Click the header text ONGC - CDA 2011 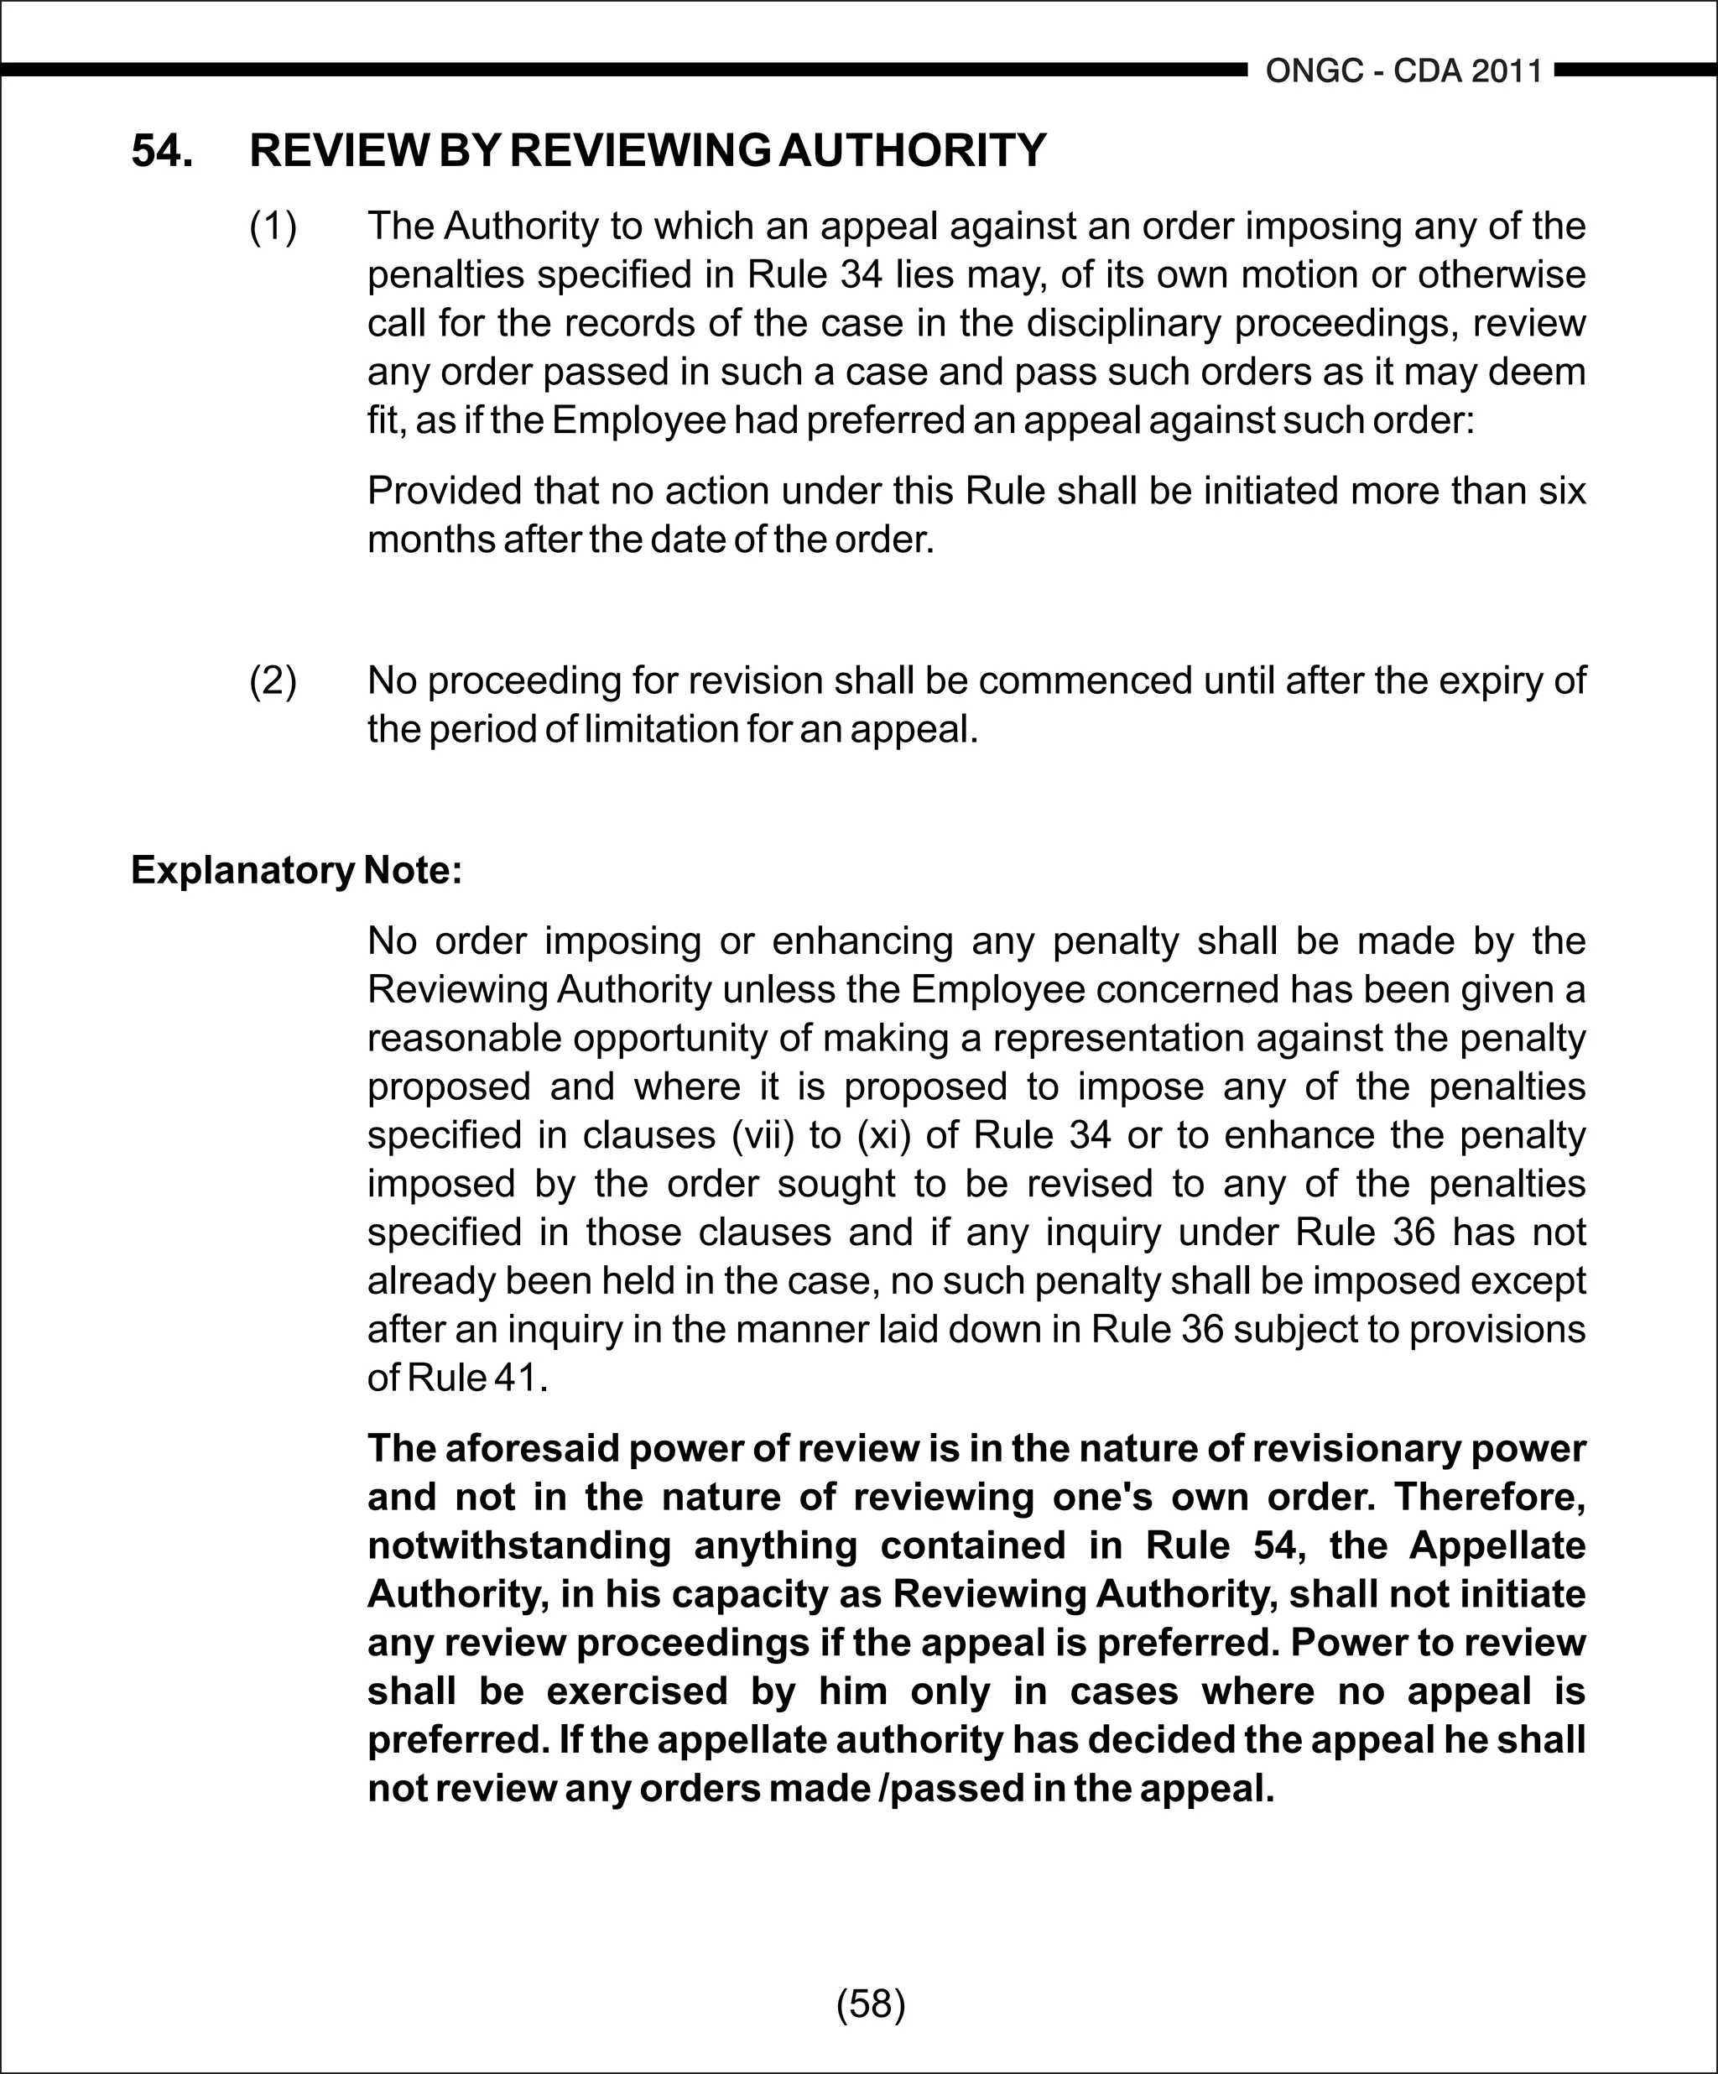[x=1403, y=71]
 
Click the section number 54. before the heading [x=162, y=151]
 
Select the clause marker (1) [x=273, y=227]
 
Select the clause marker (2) [x=273, y=680]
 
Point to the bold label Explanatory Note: [x=296, y=870]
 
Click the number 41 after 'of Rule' [x=515, y=1378]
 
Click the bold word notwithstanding [x=519, y=1545]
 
